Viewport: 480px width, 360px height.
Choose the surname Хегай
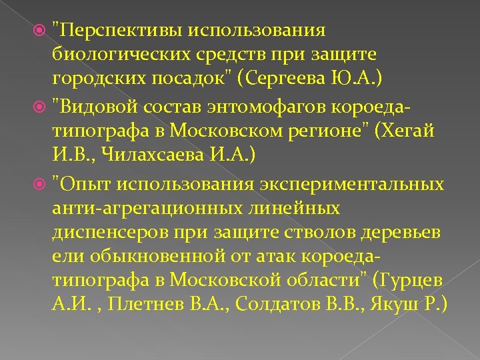410,131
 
